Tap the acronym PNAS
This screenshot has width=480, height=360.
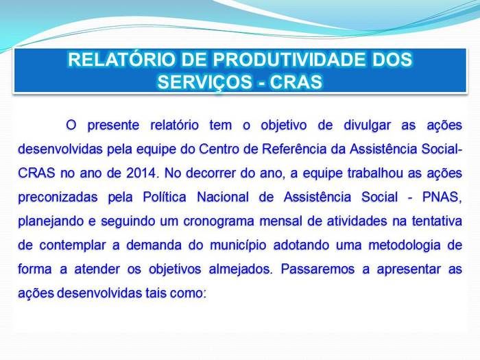tap(441, 197)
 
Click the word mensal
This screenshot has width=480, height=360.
tap(309, 221)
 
